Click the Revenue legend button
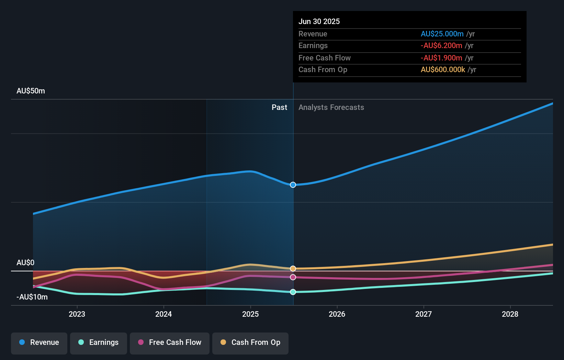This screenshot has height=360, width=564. [39, 343]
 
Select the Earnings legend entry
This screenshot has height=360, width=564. [99, 343]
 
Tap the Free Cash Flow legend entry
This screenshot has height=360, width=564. [170, 343]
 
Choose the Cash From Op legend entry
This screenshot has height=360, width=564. [250, 343]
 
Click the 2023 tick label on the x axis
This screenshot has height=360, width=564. [77, 314]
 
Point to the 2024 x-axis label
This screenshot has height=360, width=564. [163, 314]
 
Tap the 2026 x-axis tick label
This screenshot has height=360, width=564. [337, 314]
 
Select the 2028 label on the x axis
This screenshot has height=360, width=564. [510, 314]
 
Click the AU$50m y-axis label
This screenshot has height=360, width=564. [31, 91]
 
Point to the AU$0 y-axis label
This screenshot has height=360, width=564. [25, 263]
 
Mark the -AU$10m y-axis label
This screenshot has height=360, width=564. [32, 297]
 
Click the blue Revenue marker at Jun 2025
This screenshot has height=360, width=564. [293, 185]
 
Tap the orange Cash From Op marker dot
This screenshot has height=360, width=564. [293, 269]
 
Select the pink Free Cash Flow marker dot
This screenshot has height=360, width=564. [293, 277]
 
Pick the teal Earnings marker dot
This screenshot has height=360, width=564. [293, 292]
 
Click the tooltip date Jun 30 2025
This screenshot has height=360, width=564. [319, 21]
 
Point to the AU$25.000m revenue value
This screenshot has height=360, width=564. [442, 34]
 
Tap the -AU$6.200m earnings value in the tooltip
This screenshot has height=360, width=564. [441, 46]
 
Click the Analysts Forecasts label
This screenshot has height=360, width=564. [331, 108]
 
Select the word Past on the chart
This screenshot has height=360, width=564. [279, 108]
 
